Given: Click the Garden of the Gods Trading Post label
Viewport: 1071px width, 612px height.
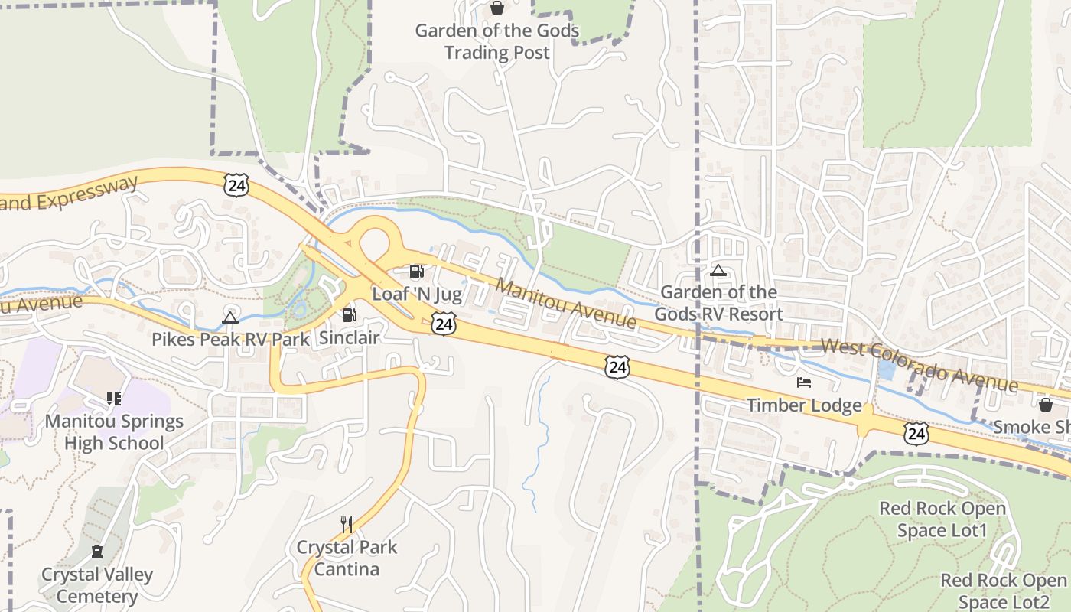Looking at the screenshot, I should tap(497, 42).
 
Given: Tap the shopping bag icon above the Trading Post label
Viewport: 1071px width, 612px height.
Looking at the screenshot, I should tap(497, 8).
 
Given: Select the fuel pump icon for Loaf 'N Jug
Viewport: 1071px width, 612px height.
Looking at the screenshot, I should tap(416, 272).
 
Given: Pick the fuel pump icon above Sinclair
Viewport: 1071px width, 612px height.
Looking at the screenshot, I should tap(349, 314).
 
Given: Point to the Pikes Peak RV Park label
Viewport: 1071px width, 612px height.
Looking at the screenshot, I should tap(230, 340).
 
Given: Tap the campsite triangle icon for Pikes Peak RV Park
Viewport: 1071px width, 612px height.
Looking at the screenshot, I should tap(230, 317).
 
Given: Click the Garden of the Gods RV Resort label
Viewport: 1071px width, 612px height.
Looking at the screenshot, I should tap(718, 303).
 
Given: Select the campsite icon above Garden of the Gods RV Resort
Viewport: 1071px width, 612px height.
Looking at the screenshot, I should tap(718, 270).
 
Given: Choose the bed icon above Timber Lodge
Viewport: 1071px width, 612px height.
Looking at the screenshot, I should tap(803, 382).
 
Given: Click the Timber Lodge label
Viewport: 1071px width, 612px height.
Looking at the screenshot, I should tap(804, 405).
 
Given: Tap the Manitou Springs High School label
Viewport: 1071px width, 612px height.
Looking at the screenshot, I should tap(114, 432).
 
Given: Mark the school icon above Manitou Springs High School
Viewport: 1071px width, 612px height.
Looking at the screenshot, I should tap(114, 399).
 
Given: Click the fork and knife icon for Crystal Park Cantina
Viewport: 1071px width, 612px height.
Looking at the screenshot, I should tap(347, 524).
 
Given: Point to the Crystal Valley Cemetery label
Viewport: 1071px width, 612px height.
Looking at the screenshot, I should tap(97, 585).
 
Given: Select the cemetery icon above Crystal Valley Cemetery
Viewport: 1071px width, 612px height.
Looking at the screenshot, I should tap(97, 552).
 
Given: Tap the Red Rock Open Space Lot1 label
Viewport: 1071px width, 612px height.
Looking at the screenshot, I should tap(942, 519).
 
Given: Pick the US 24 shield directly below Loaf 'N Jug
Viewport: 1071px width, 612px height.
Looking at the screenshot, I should tap(444, 324).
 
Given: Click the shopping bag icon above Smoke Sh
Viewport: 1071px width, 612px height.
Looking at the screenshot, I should tap(1045, 405).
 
